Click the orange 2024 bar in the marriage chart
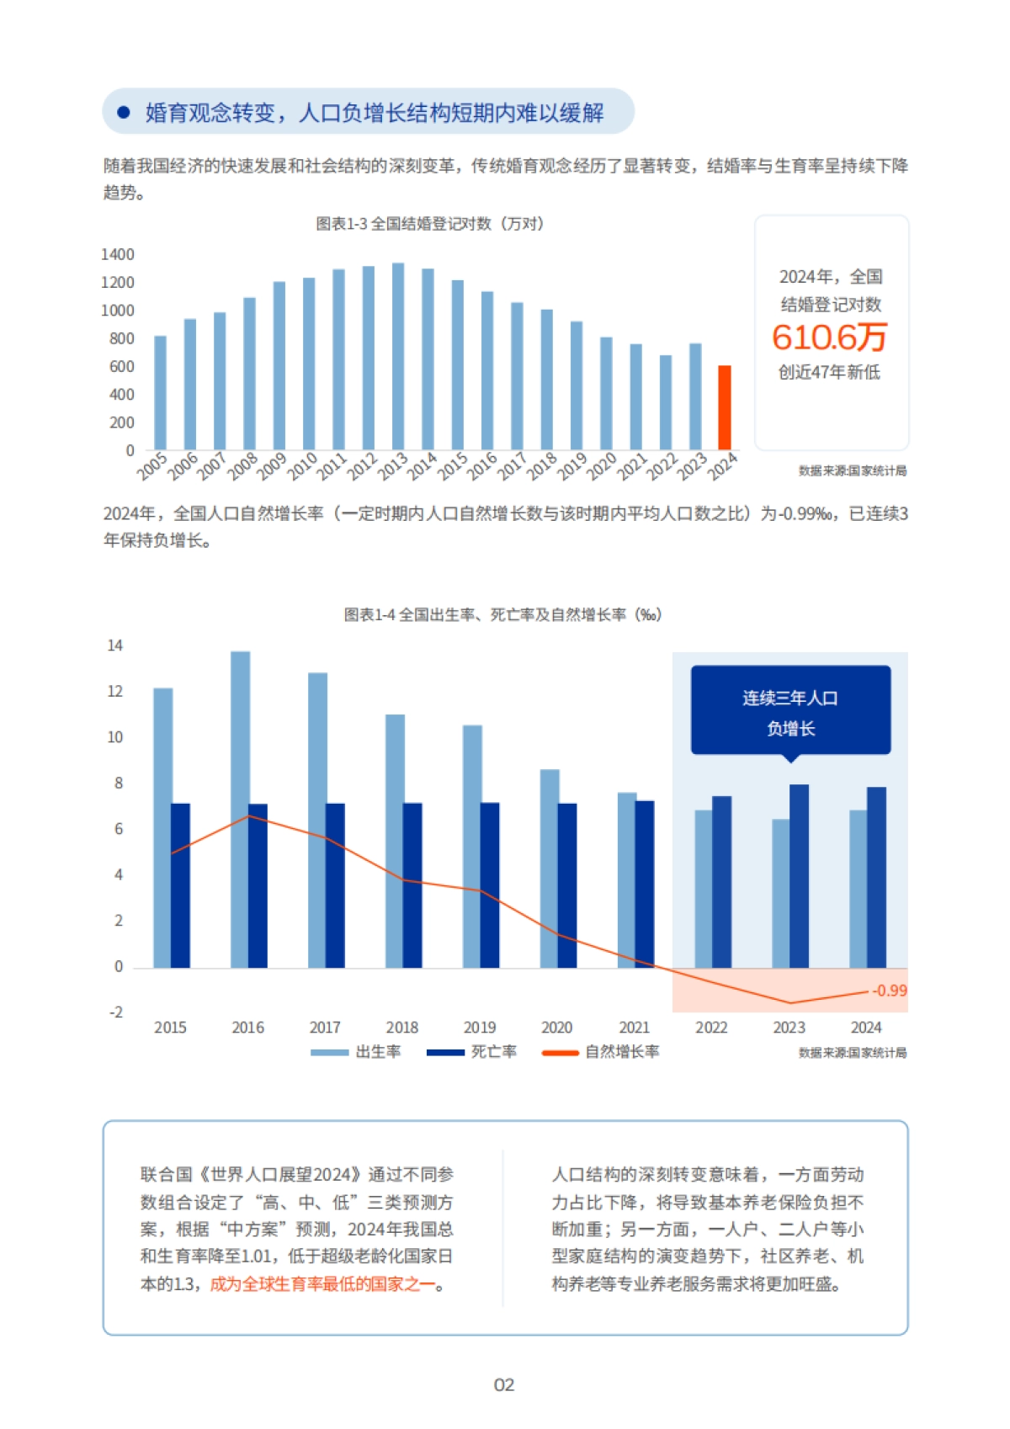tap(724, 408)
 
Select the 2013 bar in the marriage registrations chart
tap(398, 357)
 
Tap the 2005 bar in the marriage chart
tap(160, 393)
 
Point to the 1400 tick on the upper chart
tap(118, 254)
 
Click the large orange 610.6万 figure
tap(830, 337)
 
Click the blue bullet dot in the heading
tap(124, 112)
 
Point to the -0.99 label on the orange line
tap(889, 991)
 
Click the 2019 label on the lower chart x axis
tap(479, 1027)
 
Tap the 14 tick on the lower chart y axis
tap(115, 645)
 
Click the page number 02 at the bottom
tap(503, 1384)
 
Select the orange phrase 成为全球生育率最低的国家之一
tap(323, 1283)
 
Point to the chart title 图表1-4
tap(502, 615)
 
